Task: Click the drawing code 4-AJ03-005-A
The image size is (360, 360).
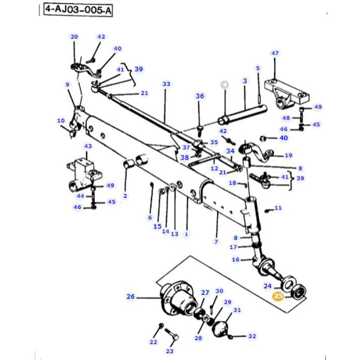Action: (78, 10)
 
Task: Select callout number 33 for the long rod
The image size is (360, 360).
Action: (166, 84)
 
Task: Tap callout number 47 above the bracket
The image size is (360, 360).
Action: (275, 53)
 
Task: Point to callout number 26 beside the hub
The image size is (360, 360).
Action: (131, 296)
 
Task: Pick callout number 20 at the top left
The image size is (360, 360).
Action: (74, 37)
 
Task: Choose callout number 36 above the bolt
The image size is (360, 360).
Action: (200, 96)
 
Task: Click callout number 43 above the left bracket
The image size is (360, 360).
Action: (88, 147)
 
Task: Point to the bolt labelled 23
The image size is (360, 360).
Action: (173, 337)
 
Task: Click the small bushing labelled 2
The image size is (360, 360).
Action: (130, 165)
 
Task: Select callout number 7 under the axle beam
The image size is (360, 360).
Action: (216, 242)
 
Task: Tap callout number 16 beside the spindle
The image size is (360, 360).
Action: (236, 260)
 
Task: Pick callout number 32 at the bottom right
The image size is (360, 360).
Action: (251, 336)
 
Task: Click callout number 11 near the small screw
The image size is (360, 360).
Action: (278, 208)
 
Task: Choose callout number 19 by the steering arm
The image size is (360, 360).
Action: (288, 155)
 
